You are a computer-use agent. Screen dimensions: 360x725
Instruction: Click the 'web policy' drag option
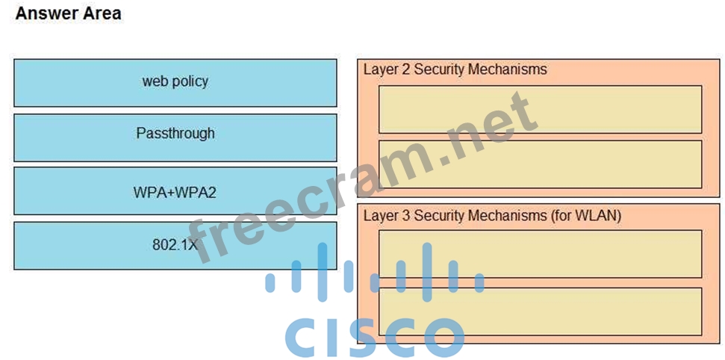point(175,82)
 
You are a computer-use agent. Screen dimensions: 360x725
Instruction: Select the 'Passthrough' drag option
point(175,137)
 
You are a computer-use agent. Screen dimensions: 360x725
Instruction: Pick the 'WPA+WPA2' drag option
point(175,191)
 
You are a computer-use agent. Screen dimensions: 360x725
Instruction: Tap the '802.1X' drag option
point(175,245)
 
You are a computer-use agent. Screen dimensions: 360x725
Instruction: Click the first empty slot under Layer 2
point(540,109)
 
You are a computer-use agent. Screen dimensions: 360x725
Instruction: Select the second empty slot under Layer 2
point(540,164)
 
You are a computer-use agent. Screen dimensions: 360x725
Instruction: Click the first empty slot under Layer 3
point(540,254)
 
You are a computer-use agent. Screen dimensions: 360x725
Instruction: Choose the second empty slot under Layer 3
point(540,311)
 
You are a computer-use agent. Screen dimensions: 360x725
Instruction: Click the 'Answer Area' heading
point(68,13)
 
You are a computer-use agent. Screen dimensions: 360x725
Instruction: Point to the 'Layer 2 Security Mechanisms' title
point(455,69)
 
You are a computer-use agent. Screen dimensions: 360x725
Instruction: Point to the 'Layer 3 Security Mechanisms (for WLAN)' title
point(492,216)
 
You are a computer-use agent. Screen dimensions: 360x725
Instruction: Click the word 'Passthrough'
point(175,134)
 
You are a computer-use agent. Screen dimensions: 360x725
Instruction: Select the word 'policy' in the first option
point(190,81)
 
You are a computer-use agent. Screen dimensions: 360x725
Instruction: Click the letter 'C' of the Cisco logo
point(304,338)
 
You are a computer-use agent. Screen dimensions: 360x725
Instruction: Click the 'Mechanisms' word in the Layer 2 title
point(510,69)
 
